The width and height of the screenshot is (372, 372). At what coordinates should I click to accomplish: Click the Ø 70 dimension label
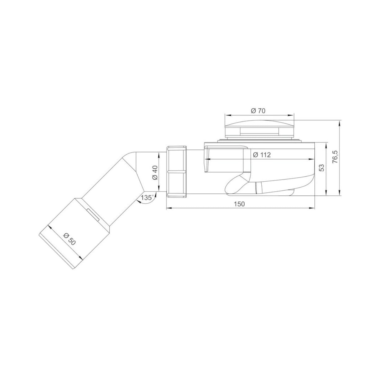[x=258, y=111]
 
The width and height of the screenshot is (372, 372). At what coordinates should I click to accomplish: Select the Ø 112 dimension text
[x=261, y=155]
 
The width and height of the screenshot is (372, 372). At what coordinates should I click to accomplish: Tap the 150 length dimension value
[x=239, y=204]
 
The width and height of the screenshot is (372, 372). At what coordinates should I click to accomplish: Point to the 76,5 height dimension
[x=335, y=158]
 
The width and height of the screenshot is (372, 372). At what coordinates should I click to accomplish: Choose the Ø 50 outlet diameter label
[x=69, y=239]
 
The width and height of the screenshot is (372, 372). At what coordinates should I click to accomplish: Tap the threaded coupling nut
[x=176, y=172]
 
